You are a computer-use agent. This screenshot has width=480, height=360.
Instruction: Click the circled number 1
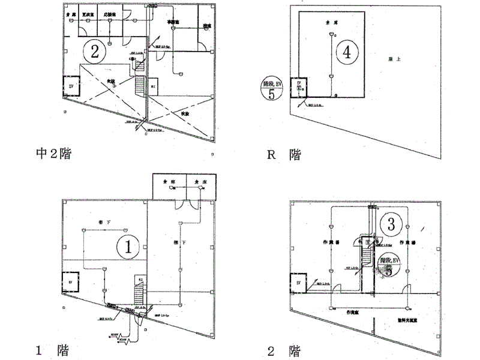click(131, 245)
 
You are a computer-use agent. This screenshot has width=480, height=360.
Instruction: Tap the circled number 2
click(94, 51)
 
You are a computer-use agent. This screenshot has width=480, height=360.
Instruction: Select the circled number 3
click(391, 226)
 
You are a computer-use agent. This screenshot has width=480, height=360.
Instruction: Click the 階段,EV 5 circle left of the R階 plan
click(272, 88)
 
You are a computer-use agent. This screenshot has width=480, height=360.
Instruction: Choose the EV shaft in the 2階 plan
click(298, 282)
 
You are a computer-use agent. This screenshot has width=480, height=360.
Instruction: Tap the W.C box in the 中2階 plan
click(154, 85)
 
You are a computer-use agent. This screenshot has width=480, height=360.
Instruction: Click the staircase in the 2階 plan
click(364, 258)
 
